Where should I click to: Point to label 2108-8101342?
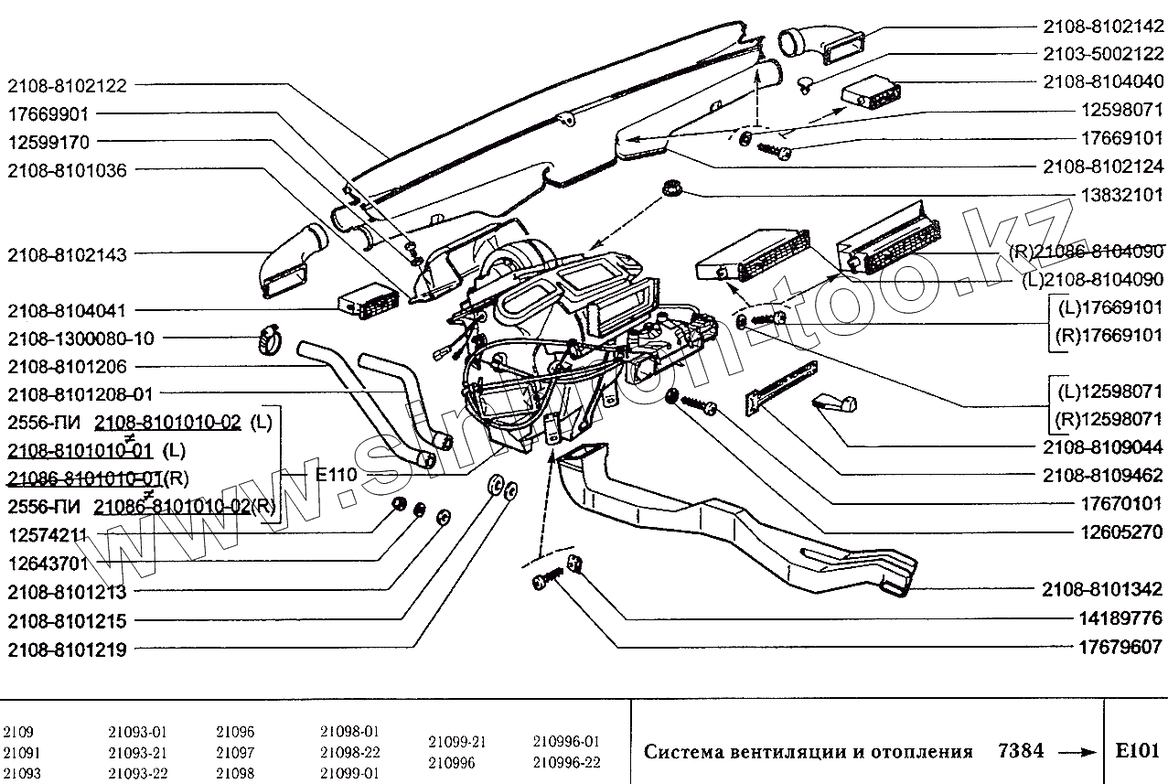1102,588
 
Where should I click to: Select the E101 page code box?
1137,751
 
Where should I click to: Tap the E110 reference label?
336,475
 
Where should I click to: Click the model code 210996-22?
566,762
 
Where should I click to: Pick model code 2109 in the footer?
18,733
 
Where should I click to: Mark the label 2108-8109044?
1102,447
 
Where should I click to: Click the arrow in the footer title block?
1074,752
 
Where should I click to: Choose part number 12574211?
48,533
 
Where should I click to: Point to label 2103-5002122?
1102,53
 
